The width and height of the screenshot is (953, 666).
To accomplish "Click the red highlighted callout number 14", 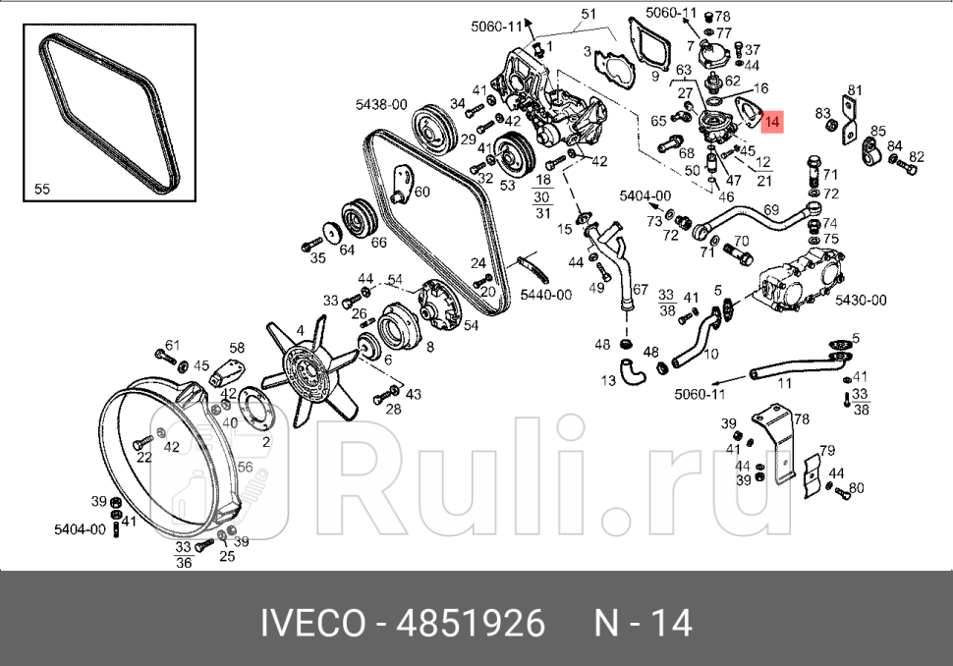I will (771, 123).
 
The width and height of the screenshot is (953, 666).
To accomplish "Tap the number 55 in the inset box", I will (42, 190).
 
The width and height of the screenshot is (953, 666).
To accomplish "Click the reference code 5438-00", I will (381, 102).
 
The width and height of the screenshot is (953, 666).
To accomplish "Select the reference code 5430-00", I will (860, 300).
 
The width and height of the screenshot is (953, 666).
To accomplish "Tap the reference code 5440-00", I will (546, 294).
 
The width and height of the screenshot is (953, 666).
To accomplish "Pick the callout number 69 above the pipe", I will (771, 210).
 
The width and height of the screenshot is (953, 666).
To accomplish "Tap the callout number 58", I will (237, 348).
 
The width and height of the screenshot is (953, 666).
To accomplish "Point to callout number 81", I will (854, 90).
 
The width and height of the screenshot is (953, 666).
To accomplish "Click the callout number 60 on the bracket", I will (421, 192).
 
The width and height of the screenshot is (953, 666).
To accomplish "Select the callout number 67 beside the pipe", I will (640, 289).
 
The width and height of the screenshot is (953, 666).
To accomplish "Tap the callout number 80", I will (856, 487).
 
